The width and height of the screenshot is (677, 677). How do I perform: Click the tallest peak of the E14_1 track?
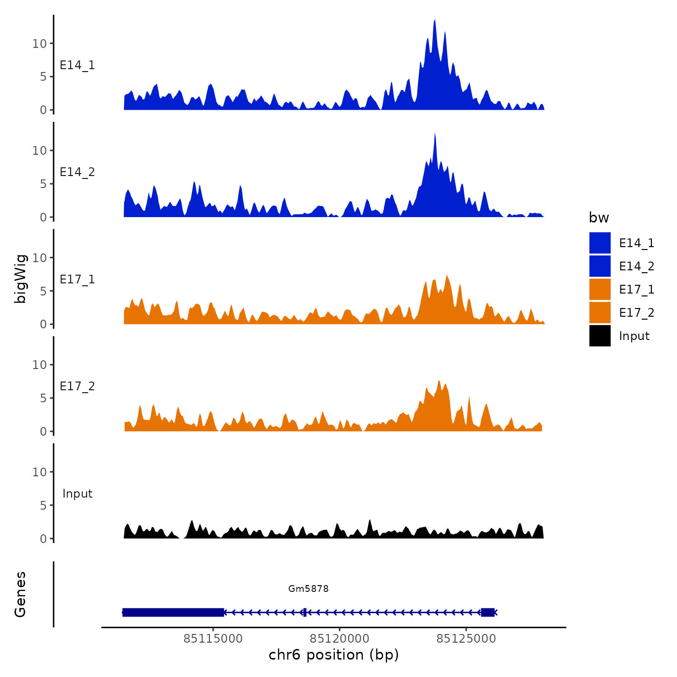click(x=435, y=21)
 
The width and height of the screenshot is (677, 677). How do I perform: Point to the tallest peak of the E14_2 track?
click(x=435, y=134)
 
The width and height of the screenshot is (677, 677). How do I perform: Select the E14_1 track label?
click(x=77, y=65)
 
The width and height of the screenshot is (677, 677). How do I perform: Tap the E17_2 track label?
click(x=77, y=386)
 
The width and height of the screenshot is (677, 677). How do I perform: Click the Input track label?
click(x=77, y=494)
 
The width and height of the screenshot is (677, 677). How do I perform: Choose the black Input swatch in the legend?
click(x=600, y=336)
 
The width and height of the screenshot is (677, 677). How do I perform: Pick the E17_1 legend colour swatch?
click(x=600, y=289)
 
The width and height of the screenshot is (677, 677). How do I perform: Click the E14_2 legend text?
click(x=636, y=266)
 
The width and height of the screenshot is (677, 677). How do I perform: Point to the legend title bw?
click(x=599, y=218)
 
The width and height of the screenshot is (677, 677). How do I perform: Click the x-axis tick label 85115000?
click(x=213, y=639)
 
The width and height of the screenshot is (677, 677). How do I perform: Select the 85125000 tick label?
click(x=466, y=639)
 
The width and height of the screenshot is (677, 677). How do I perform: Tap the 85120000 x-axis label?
click(x=339, y=639)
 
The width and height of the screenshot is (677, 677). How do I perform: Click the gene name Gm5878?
click(x=309, y=589)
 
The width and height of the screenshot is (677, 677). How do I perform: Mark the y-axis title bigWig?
click(x=21, y=279)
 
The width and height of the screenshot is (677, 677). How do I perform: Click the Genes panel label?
click(x=21, y=594)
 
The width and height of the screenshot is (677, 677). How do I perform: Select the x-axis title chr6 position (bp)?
click(x=334, y=655)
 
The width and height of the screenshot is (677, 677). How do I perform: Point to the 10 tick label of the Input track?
click(x=39, y=472)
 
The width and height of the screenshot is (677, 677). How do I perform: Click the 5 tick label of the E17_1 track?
click(x=43, y=291)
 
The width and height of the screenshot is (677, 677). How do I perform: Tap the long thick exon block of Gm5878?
click(x=173, y=612)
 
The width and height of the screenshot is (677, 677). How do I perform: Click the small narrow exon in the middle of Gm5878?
click(x=305, y=612)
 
